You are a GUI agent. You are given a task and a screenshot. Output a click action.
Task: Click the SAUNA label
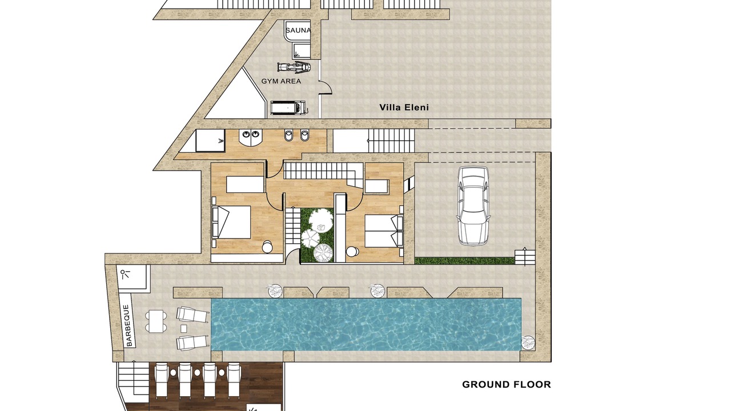[298, 31]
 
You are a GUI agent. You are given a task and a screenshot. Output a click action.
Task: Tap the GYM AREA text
[281, 81]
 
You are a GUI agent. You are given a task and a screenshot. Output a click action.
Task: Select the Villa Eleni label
[404, 107]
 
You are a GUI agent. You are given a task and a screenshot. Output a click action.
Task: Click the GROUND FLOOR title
[507, 385]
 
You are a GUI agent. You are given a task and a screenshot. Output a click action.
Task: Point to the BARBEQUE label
[129, 325]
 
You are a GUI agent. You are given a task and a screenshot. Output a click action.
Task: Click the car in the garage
[473, 205]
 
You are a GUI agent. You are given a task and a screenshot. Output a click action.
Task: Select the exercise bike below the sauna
[294, 67]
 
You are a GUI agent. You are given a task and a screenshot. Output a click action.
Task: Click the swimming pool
[366, 325]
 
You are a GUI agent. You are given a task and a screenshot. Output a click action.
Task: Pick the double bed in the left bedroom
[231, 222]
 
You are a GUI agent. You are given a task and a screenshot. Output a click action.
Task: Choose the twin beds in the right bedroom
[383, 231]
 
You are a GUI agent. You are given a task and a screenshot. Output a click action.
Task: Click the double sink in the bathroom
[250, 138]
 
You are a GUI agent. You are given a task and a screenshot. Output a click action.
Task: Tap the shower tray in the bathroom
[210, 140]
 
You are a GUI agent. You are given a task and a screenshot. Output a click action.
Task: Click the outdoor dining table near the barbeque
[156, 321]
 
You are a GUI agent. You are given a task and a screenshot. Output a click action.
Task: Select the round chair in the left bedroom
[267, 247]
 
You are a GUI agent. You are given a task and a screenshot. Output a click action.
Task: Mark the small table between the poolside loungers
[184, 328]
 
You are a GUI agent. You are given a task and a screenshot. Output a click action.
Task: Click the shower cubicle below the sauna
[301, 51]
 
